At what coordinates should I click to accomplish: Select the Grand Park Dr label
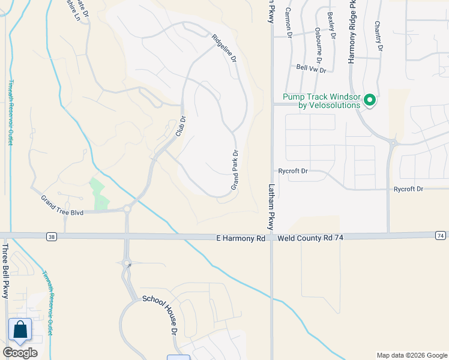pyautogui.click(x=235, y=171)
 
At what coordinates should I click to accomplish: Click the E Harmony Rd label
pyautogui.click(x=241, y=238)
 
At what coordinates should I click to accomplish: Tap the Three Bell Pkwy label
pyautogui.click(x=5, y=265)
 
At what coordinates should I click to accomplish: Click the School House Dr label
pyautogui.click(x=161, y=314)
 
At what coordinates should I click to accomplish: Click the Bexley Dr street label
pyautogui.click(x=331, y=23)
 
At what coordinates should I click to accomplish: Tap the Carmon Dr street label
pyautogui.click(x=288, y=23)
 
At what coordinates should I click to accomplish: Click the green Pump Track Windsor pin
pyautogui.click(x=370, y=100)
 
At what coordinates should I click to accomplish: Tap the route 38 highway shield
pyautogui.click(x=52, y=236)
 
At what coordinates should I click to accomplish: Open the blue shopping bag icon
pyautogui.click(x=20, y=329)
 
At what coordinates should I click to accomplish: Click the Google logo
pyautogui.click(x=20, y=353)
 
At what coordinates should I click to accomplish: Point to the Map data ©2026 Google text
pyautogui.click(x=412, y=355)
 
